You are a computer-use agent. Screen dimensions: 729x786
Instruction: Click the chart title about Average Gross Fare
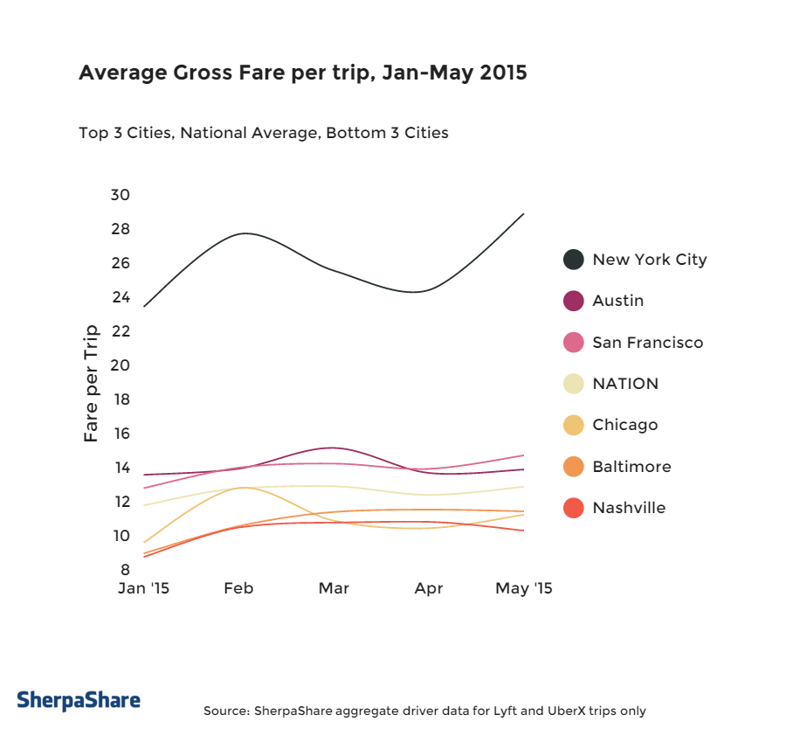point(302,73)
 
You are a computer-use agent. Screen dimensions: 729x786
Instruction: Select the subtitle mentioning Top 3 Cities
point(263,134)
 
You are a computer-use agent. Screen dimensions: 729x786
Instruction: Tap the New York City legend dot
point(574,260)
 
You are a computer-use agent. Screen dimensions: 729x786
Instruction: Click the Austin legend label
point(617,301)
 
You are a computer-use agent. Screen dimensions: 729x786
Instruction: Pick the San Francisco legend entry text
point(647,343)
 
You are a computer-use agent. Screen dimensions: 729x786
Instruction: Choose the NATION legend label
point(625,384)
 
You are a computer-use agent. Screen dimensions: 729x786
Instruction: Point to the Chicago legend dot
point(574,426)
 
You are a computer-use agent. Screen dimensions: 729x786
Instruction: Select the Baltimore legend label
point(631,467)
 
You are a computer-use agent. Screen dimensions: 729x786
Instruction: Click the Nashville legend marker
point(574,508)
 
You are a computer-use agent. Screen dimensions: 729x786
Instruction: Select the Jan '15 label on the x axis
point(143,588)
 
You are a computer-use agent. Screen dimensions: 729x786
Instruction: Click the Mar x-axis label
point(334,588)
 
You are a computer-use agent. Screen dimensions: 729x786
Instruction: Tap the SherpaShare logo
point(79,700)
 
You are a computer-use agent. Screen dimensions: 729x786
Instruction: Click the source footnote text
point(424,711)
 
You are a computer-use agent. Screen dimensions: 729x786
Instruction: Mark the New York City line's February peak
point(245,233)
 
